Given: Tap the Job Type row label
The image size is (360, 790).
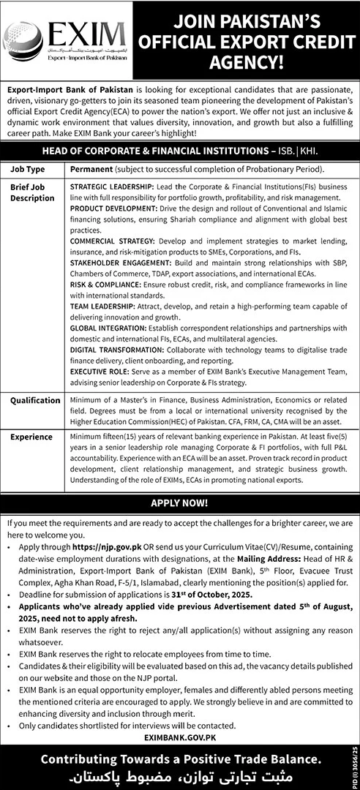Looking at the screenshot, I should pyautogui.click(x=27, y=169).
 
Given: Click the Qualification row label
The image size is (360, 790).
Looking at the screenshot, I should pyautogui.click(x=35, y=401).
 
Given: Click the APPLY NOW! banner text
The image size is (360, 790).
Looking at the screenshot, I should pyautogui.click(x=179, y=504).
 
